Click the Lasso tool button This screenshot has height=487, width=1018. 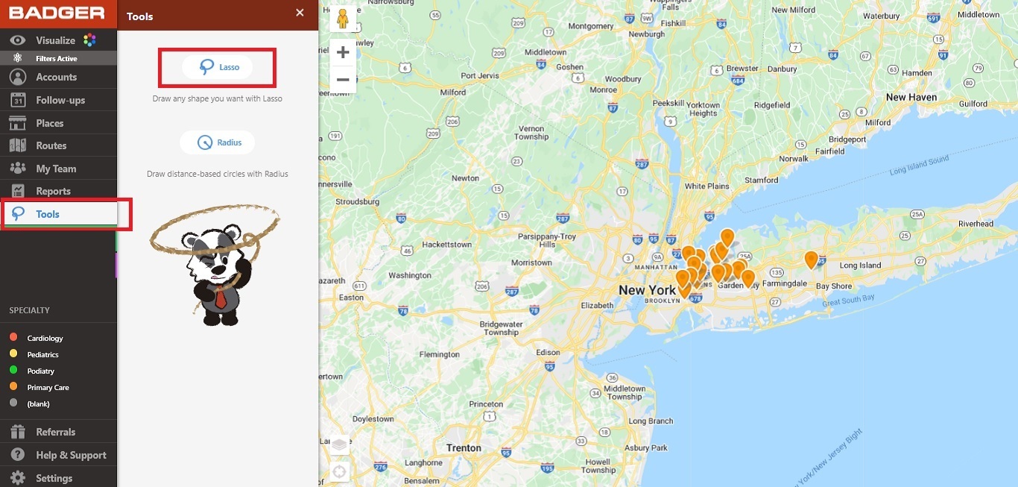pos(218,67)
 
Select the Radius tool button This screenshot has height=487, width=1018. pos(218,142)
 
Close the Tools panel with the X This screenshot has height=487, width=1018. pos(300,13)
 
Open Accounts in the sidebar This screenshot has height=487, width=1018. pos(56,77)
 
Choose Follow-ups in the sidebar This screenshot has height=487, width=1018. pos(60,100)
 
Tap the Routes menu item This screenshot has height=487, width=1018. pos(51,145)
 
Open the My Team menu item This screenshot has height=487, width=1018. pos(56,169)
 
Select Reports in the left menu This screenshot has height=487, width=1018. pos(53,191)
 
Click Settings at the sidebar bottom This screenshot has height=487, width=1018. pos(54,478)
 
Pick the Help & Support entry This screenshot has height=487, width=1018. pos(71,455)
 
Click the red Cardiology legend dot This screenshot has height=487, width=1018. pos(13,338)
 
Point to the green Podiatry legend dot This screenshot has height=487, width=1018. pos(13,371)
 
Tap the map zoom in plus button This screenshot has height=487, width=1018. pos(343,52)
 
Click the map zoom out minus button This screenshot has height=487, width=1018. pos(343,79)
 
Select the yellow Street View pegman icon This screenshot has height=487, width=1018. pos(343,19)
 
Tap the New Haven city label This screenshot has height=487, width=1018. pos(911,97)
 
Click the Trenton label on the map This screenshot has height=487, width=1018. pos(464,447)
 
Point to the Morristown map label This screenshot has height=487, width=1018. pos(531,263)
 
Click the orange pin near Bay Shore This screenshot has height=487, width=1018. pos(811,260)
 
